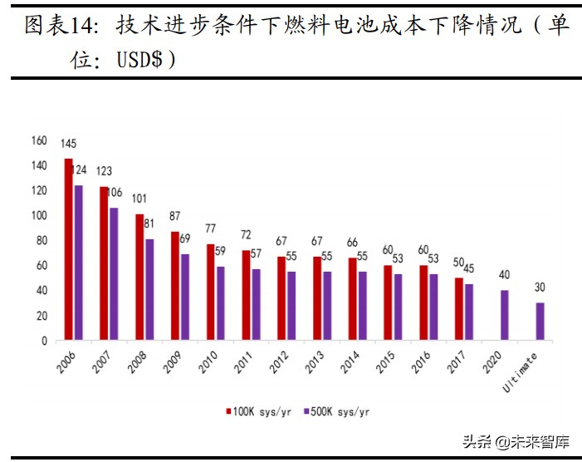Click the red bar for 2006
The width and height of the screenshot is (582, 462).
69,249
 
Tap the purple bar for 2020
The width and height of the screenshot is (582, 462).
505,315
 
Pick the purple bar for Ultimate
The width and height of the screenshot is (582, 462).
540,321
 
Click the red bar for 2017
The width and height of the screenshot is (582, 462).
459,308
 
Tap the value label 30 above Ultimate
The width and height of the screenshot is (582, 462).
540,288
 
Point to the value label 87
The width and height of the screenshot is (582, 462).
174,216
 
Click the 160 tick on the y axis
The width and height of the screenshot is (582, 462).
38,140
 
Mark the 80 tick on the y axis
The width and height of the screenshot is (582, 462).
41,241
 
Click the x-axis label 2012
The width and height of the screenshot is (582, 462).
279,363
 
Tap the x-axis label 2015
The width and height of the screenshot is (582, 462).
385,363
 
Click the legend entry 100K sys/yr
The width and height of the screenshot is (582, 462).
257,410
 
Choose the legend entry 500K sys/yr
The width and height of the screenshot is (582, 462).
335,410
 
